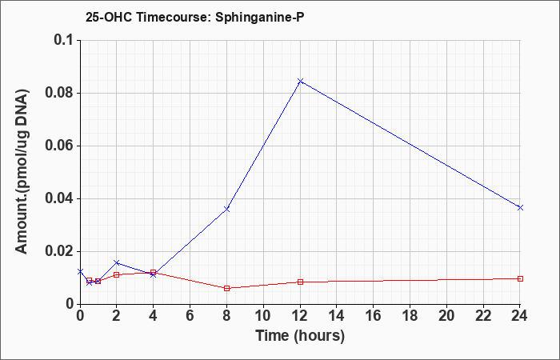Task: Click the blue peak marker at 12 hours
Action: [300, 81]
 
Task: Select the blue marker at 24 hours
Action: [520, 207]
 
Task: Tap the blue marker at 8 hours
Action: [226, 209]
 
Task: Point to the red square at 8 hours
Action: [226, 288]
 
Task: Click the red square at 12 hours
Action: [300, 282]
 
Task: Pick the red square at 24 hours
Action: [520, 278]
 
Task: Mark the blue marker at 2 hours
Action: [117, 262]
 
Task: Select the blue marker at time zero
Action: [80, 271]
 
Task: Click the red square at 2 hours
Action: [117, 274]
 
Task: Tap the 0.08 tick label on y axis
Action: [60, 94]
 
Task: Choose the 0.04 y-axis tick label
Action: [60, 198]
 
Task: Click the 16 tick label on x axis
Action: [374, 316]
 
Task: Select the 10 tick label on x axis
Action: [263, 316]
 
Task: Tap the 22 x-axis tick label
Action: [483, 316]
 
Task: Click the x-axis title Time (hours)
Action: [300, 336]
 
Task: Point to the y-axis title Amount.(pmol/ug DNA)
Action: [22, 172]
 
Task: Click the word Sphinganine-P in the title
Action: [260, 18]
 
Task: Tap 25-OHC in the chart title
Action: [110, 18]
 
